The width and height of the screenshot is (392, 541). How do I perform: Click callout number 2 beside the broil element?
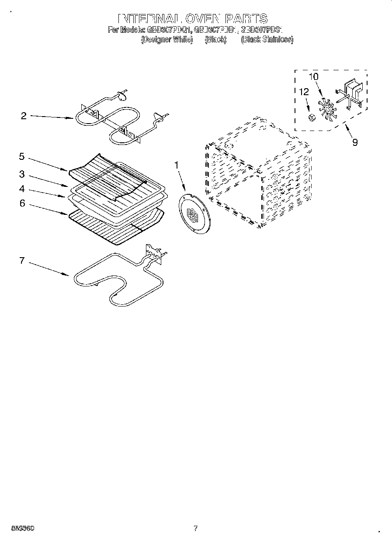point(24,116)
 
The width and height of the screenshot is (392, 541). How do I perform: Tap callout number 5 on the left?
point(21,156)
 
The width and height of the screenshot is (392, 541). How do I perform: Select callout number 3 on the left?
point(21,175)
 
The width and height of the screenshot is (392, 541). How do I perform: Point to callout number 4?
point(21,189)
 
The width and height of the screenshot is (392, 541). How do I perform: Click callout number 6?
point(22,203)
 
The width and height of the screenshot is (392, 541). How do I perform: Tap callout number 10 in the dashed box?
point(314,76)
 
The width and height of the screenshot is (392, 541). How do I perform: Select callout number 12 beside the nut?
point(304,92)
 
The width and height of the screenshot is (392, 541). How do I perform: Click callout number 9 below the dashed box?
point(355,142)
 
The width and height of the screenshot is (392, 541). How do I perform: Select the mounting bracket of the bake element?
point(153,253)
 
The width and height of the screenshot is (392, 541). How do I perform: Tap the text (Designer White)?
point(167,39)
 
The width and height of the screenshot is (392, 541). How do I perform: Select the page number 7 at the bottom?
point(195,528)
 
